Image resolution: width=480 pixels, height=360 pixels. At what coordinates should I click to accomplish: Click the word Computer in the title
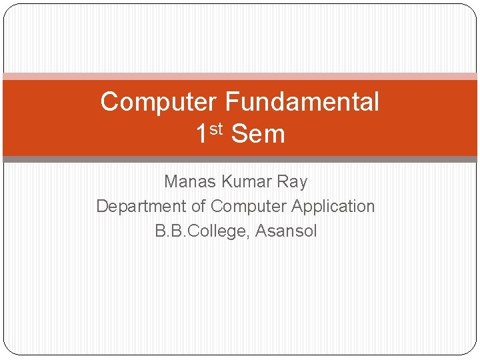click(x=159, y=102)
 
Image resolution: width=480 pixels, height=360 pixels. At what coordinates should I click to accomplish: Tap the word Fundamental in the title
click(x=302, y=102)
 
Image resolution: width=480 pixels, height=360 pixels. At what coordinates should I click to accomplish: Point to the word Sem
click(x=258, y=134)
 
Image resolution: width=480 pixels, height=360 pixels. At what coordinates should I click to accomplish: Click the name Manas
click(x=187, y=181)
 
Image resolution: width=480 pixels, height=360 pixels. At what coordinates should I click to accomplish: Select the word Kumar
click(x=242, y=181)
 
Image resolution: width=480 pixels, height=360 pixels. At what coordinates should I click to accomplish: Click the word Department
click(x=138, y=207)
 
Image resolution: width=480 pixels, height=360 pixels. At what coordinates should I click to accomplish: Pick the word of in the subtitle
click(x=199, y=207)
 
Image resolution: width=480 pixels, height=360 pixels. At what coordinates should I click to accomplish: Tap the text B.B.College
click(x=198, y=231)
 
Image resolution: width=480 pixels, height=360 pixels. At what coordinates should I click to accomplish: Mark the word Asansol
click(x=287, y=231)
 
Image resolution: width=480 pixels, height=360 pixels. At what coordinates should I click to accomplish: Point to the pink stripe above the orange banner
click(x=240, y=76)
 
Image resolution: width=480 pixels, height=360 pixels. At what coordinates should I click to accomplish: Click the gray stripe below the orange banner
click(x=240, y=159)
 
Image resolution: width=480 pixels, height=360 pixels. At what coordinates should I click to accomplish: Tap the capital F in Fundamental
click(x=231, y=102)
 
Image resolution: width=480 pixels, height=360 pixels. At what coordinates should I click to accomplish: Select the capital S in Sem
click(x=238, y=134)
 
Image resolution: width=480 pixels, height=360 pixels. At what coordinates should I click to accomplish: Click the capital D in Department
click(x=102, y=206)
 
